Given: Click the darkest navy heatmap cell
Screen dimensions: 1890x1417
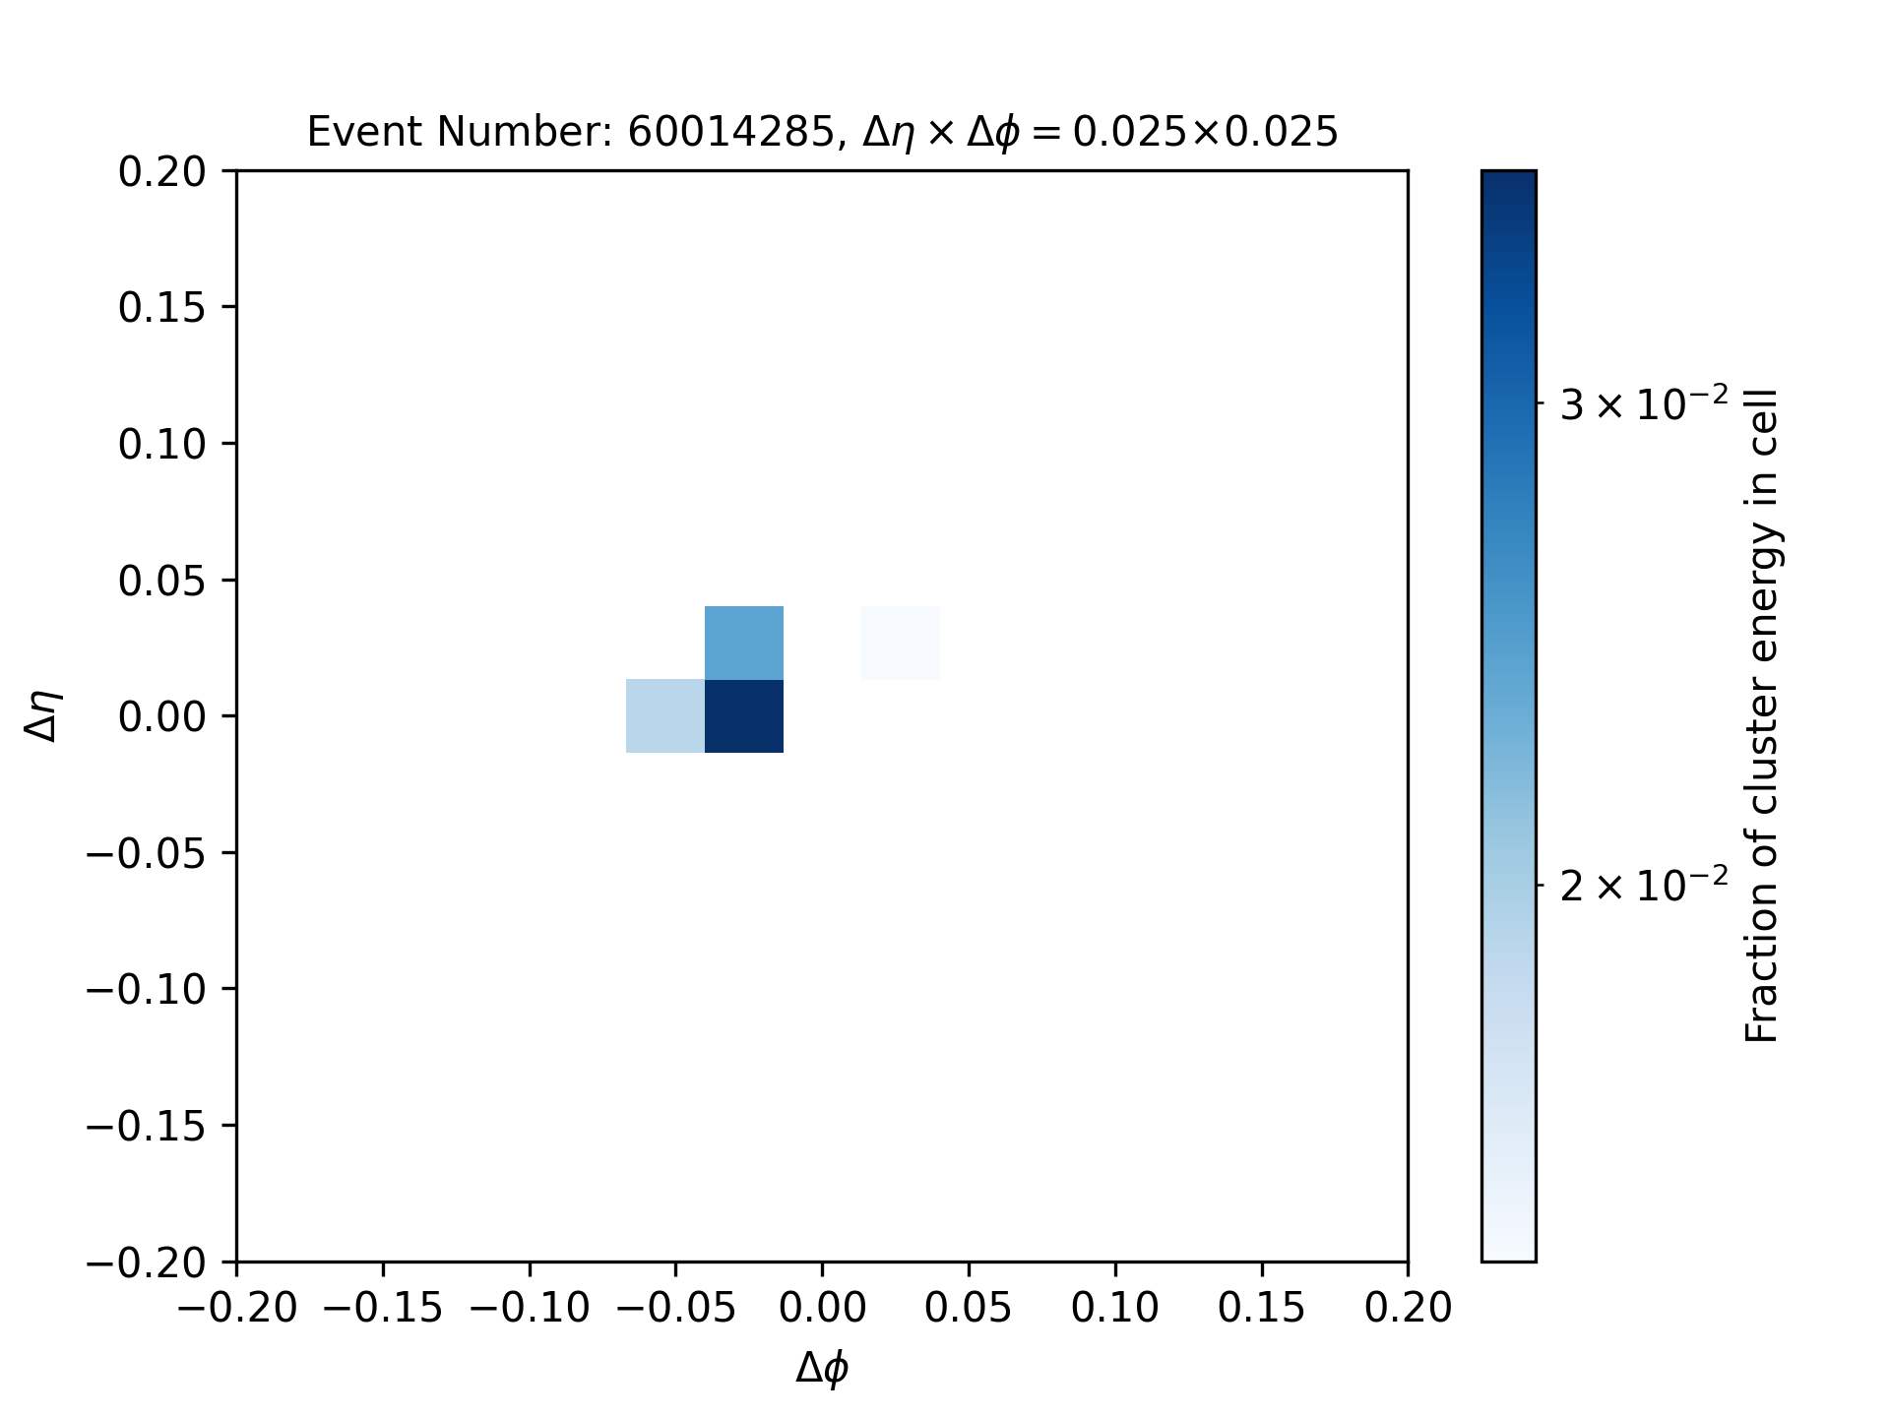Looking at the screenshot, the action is [x=744, y=716].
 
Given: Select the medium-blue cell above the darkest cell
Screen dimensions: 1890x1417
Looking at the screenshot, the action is [x=744, y=643].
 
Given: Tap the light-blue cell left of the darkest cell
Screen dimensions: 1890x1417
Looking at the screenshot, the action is [x=665, y=716].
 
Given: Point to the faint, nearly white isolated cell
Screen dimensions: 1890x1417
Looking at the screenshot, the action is [x=900, y=643].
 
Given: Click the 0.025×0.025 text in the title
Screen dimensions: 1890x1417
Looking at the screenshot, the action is [x=1205, y=132].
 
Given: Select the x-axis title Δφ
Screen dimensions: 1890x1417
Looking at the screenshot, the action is [x=822, y=1368].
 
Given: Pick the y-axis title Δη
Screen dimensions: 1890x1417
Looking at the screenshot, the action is [x=43, y=715].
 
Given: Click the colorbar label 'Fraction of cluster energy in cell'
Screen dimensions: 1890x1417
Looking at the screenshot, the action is [x=1761, y=715].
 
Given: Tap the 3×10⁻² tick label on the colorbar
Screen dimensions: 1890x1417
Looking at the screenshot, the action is [x=1644, y=403].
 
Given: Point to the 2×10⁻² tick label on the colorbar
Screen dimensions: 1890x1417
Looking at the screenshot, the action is [x=1644, y=886].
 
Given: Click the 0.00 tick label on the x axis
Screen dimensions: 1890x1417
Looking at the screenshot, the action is [x=822, y=1308].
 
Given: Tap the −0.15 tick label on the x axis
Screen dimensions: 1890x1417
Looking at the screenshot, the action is [x=383, y=1308].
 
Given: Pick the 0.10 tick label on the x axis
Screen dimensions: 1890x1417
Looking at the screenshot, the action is [x=1115, y=1308].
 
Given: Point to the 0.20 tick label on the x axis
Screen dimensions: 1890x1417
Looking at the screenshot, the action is [x=1408, y=1308].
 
